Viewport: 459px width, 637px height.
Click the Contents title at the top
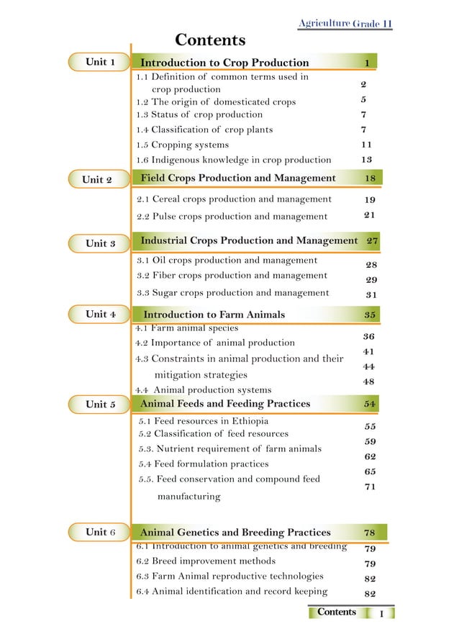pos(210,40)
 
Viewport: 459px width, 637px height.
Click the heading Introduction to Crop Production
pos(224,63)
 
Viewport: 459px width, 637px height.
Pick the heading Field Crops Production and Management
pos(238,178)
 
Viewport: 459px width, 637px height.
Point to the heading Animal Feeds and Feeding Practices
pos(225,404)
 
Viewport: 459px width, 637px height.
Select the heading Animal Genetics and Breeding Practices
pos(235,533)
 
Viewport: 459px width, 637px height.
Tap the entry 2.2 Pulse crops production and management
pos(232,216)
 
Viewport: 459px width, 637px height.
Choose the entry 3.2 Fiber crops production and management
pos(232,275)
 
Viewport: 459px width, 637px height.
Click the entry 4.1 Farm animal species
pos(187,328)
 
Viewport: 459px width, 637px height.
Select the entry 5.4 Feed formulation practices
pos(204,464)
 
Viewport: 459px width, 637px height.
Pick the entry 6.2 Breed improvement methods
pos(206,561)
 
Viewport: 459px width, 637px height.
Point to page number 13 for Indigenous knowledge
pos(366,159)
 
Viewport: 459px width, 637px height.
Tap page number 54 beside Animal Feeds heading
pos(371,404)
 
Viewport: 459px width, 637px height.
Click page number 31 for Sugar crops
pos(371,294)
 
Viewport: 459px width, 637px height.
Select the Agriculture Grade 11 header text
pos(345,24)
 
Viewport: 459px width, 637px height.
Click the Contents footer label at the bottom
pos(337,613)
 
